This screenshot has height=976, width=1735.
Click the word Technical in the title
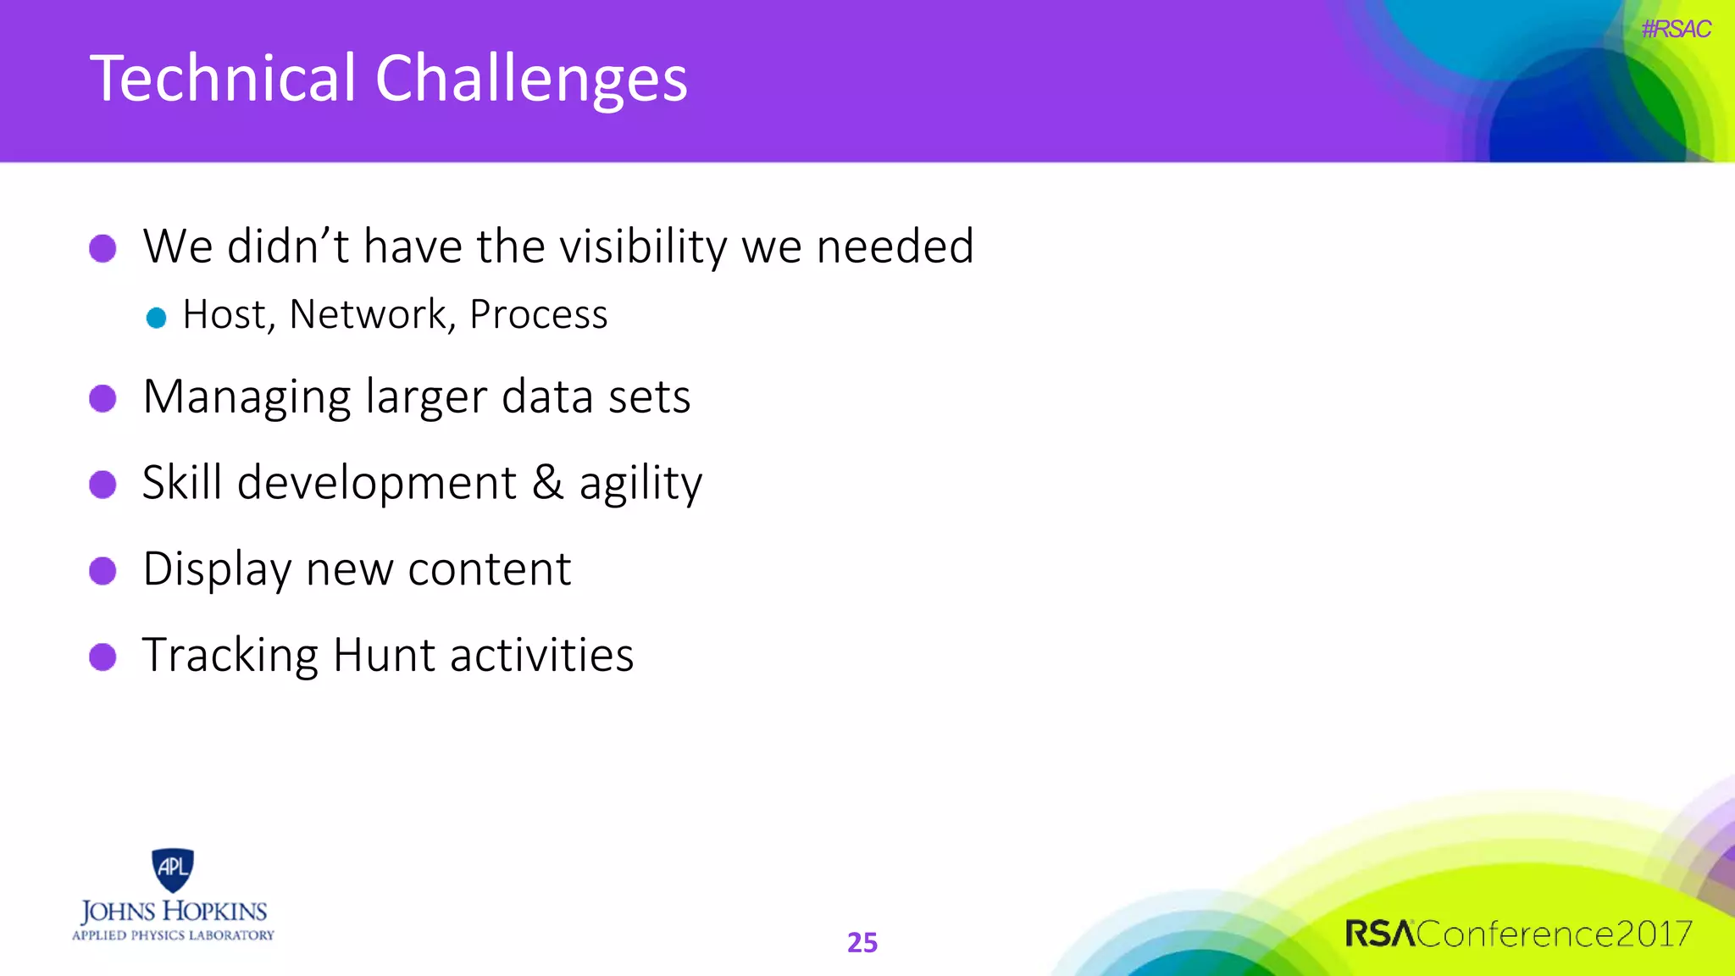pyautogui.click(x=223, y=78)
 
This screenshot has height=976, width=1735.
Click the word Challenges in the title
pyautogui.click(x=531, y=80)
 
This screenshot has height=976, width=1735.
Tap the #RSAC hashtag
pyautogui.click(x=1676, y=29)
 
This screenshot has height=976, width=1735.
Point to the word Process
pyautogui.click(x=538, y=314)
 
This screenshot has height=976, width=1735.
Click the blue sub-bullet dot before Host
pyautogui.click(x=156, y=318)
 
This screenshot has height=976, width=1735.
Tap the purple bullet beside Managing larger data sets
pyautogui.click(x=103, y=398)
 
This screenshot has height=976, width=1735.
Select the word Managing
pyautogui.click(x=247, y=396)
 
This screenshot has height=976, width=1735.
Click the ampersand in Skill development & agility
pyautogui.click(x=547, y=482)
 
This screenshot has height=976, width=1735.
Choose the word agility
pyautogui.click(x=640, y=484)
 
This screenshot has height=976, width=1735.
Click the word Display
pyautogui.click(x=216, y=568)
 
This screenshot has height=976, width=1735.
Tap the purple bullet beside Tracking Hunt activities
pyautogui.click(x=103, y=657)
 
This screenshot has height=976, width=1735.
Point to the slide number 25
pyautogui.click(x=862, y=942)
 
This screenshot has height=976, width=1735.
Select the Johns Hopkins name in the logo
pyautogui.click(x=174, y=912)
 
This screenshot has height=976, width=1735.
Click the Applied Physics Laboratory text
pyautogui.click(x=173, y=935)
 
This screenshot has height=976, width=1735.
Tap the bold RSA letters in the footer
pyautogui.click(x=1379, y=934)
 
